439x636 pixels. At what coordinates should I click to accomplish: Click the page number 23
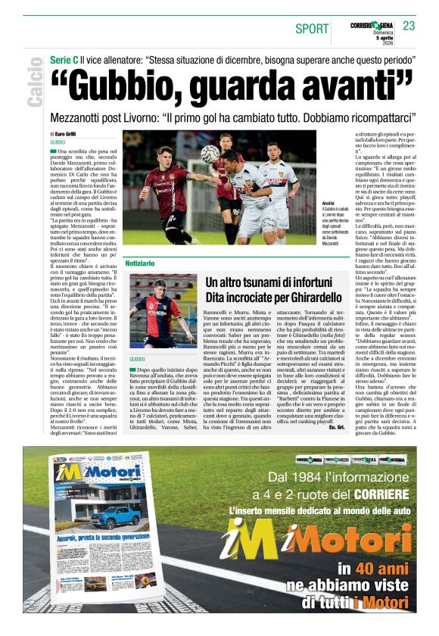pyautogui.click(x=409, y=26)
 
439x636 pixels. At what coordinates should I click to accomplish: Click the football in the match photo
pyautogui.click(x=210, y=154)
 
